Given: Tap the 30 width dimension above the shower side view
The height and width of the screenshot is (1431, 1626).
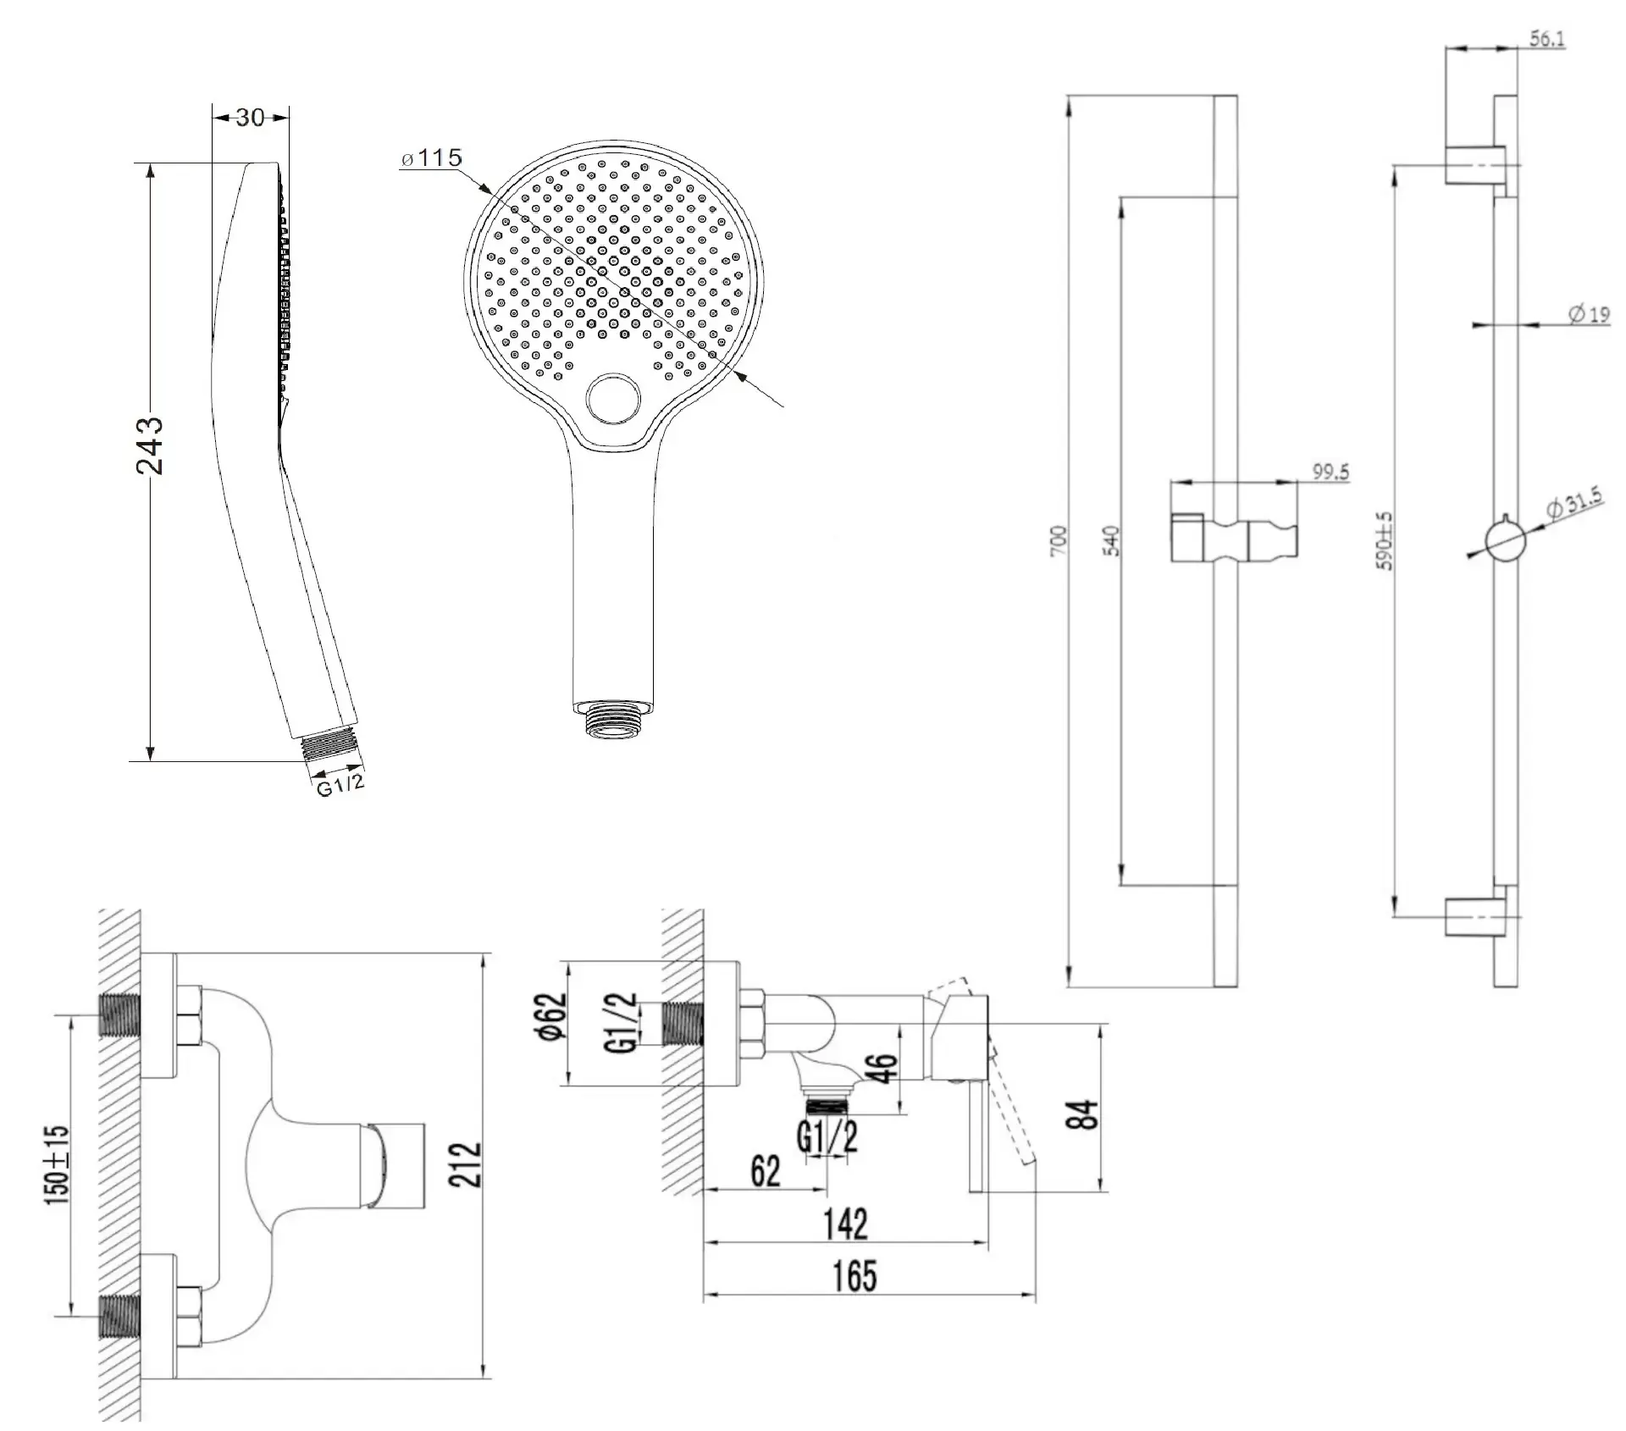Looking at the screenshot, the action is tap(250, 117).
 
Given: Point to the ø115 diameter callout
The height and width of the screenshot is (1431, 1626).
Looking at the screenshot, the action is tap(432, 157).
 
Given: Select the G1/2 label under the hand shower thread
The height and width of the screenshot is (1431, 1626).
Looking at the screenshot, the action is tap(340, 785).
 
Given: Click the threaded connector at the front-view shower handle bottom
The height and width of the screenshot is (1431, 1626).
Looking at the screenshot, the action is tap(611, 720).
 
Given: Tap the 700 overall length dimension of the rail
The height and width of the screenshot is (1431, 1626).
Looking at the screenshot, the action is tap(1059, 541).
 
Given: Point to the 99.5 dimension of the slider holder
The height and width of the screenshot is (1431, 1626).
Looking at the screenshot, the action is tap(1330, 472).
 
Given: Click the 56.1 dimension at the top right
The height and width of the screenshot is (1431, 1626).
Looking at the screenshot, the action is tap(1547, 39).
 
